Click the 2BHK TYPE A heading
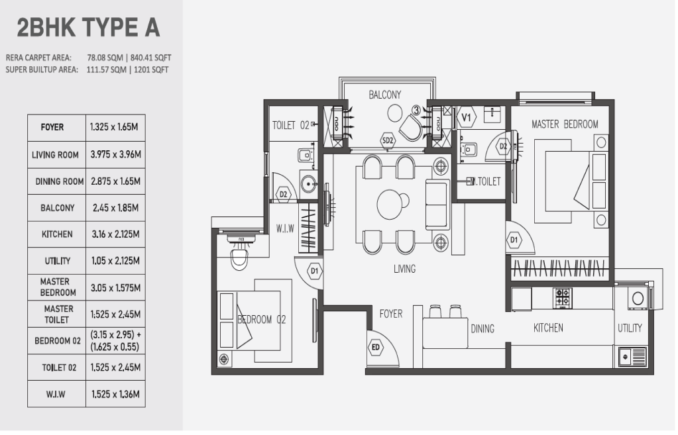point(88,28)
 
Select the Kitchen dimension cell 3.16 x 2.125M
point(114,234)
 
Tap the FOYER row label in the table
point(52,127)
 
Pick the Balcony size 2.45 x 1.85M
point(114,208)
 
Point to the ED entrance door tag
point(375,348)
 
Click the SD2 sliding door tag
point(388,140)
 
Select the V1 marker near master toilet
point(466,117)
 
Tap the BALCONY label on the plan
point(385,95)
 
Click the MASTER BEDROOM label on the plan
point(565,124)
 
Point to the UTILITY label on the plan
point(630,328)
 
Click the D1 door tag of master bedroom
point(514,240)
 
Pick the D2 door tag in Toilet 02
point(283,195)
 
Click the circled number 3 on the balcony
point(416,110)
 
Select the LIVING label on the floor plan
point(404,269)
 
